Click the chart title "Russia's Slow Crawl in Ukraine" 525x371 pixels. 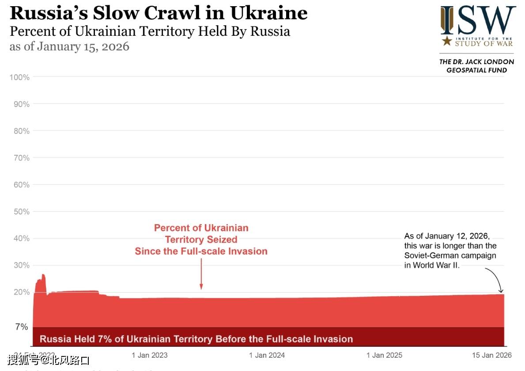click(x=158, y=13)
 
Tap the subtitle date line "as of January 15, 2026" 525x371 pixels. click(x=69, y=46)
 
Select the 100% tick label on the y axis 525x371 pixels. click(x=20, y=77)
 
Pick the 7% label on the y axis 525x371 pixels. click(x=22, y=327)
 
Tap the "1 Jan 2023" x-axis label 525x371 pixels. click(x=150, y=355)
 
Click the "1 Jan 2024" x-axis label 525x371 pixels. click(x=267, y=355)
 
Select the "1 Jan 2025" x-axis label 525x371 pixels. click(x=385, y=355)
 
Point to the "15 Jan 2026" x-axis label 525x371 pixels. click(x=491, y=355)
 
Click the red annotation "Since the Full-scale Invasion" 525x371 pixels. click(x=201, y=251)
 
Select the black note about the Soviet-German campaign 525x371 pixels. click(x=450, y=250)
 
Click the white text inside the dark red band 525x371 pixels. click(x=196, y=339)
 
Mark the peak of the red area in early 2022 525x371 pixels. click(x=43, y=275)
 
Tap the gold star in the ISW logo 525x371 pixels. click(x=447, y=42)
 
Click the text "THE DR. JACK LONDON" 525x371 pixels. click(x=476, y=62)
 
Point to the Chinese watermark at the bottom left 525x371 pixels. click(x=49, y=360)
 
